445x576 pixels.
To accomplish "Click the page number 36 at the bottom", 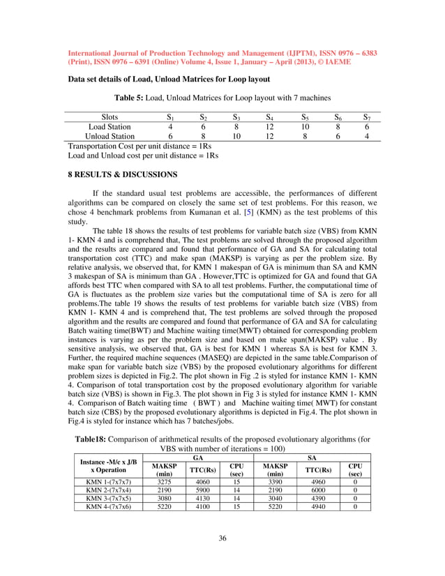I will pos(222,538).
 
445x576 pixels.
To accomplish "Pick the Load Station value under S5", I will pos(304,127).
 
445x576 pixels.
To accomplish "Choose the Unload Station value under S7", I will pos(367,137).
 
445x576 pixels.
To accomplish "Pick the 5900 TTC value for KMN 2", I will pos(197,490).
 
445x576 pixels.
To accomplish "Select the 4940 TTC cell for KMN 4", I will pos(312,508).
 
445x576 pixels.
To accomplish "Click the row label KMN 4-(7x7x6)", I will pos(107,508).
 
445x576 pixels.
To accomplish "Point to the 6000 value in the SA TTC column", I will pos(312,490).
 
